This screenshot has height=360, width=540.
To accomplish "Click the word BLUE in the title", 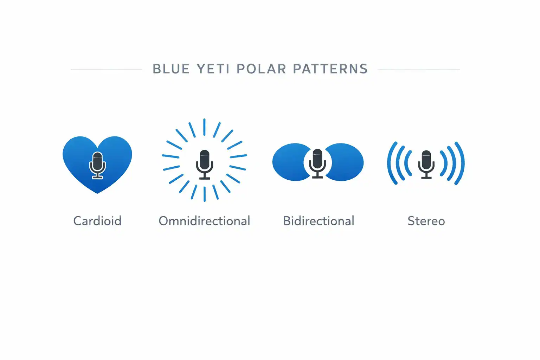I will click(171, 69).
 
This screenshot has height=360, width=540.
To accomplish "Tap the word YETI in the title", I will click(213, 69).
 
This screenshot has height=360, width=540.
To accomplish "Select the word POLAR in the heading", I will click(261, 69).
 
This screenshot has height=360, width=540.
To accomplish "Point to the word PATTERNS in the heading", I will click(330, 69).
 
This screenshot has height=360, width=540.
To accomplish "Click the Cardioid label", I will click(97, 221).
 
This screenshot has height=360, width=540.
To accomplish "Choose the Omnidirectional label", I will click(204, 221).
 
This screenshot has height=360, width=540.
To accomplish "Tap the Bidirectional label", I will click(319, 221).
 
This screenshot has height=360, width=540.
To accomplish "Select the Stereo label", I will click(426, 221).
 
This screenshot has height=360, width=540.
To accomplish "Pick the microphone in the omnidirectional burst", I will click(204, 164).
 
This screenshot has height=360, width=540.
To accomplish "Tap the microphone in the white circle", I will click(317, 163).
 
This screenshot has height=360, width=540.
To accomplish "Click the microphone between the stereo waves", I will click(426, 164).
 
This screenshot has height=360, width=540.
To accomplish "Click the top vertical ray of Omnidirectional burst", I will click(204, 127).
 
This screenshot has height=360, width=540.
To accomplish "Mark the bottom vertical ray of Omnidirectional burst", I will click(204, 194).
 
